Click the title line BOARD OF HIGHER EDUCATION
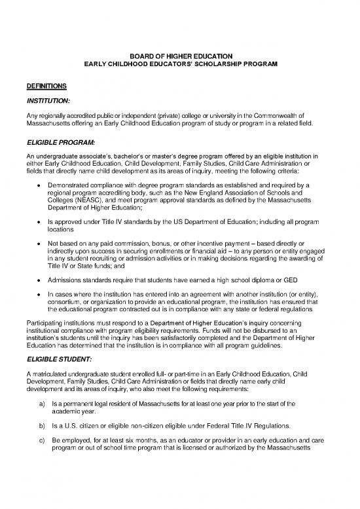[179, 56]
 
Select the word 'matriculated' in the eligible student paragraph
[52, 373]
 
